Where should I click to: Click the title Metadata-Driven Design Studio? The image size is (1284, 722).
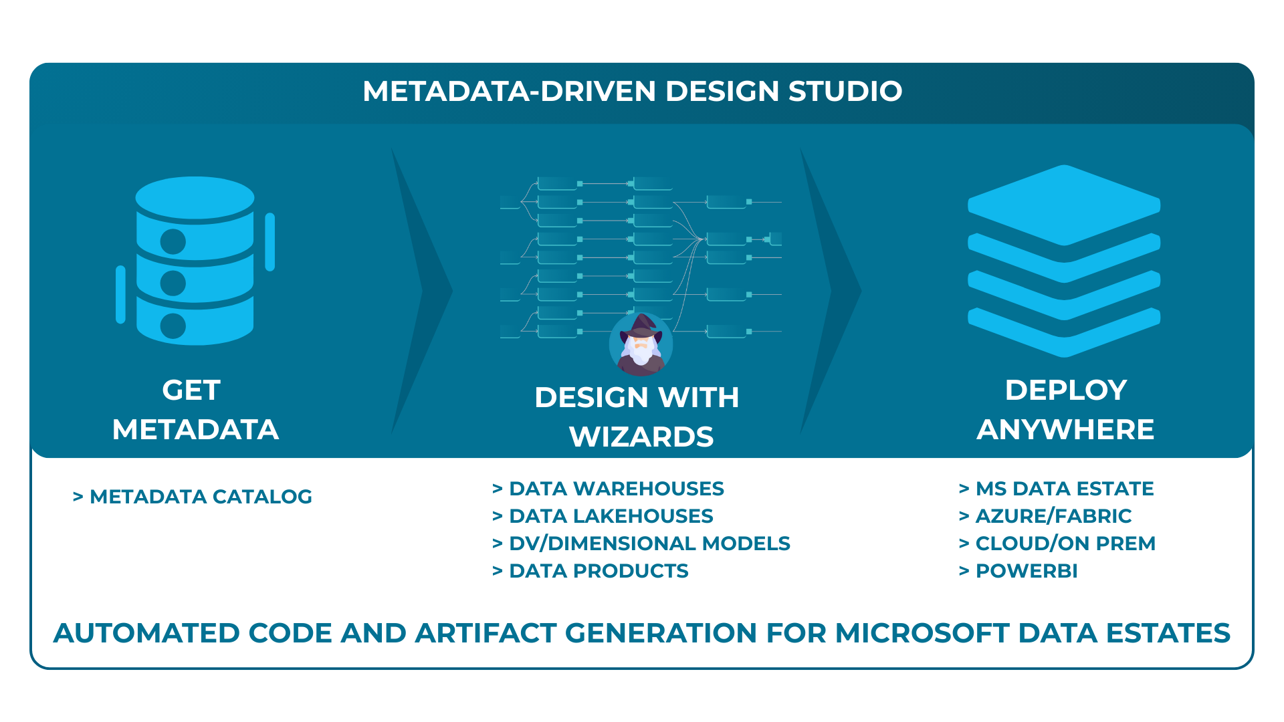point(632,92)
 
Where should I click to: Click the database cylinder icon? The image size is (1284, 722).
point(195,261)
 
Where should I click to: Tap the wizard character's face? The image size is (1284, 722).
point(641,345)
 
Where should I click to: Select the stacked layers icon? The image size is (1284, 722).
point(1064,261)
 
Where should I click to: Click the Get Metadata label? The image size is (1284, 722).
point(195,410)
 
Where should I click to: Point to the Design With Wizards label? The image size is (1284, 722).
point(637,417)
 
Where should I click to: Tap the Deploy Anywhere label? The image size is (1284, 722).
point(1065,410)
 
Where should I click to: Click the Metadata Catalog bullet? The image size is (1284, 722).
point(193,497)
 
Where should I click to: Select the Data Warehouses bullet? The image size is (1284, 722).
point(608,489)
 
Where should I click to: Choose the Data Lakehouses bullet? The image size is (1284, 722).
point(603,516)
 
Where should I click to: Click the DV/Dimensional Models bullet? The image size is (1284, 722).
point(641,544)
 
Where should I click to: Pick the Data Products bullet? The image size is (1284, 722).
point(590,571)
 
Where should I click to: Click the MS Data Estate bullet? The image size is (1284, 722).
point(1057,489)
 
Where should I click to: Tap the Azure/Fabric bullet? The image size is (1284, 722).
point(1045,516)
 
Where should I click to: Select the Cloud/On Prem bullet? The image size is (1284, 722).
point(1057,544)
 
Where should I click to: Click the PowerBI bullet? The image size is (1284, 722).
point(1019,571)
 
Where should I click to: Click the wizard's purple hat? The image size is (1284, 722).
point(641,326)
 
